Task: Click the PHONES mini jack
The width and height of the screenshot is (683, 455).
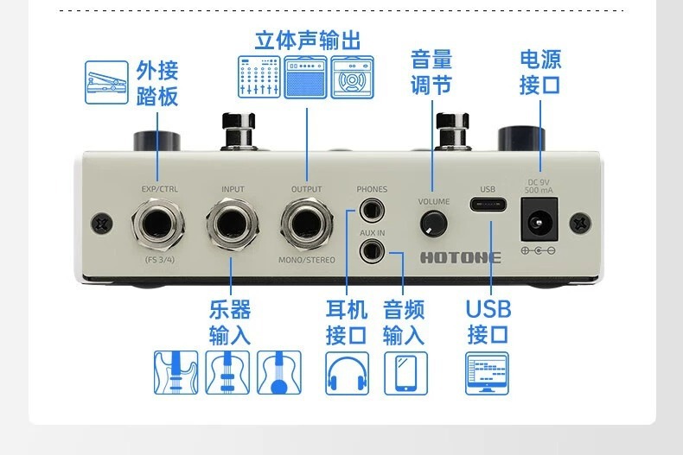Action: click(x=373, y=209)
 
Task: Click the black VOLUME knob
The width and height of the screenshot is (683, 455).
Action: click(x=433, y=224)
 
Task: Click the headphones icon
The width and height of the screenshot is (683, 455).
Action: click(x=347, y=373)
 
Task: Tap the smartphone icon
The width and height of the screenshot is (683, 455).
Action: click(x=405, y=373)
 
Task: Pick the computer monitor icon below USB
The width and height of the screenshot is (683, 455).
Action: click(x=488, y=373)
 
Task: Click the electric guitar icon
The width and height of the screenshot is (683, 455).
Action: click(x=176, y=373)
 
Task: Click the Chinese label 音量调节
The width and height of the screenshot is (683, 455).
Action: click(x=431, y=72)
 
